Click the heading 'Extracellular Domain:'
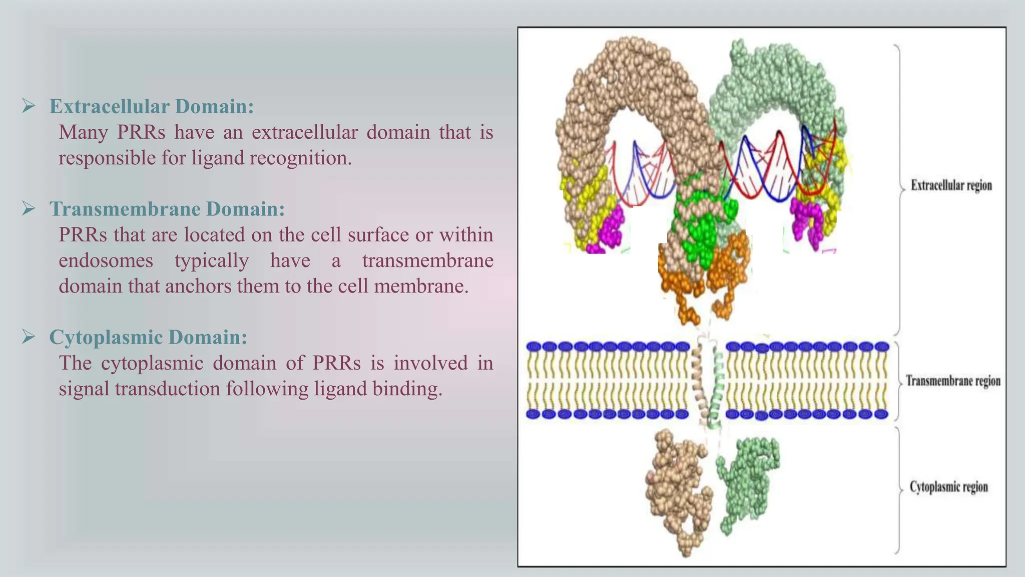[151, 106]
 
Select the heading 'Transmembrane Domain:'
[167, 209]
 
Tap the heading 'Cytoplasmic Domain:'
[148, 337]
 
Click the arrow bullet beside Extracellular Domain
[29, 106]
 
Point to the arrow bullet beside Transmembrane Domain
[29, 208]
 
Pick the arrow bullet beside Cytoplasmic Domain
[29, 337]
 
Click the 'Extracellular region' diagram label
[951, 185]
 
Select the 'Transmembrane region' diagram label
[953, 381]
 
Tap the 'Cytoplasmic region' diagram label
[948, 487]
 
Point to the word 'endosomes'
[106, 260]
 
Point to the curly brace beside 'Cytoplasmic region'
[898, 488]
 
